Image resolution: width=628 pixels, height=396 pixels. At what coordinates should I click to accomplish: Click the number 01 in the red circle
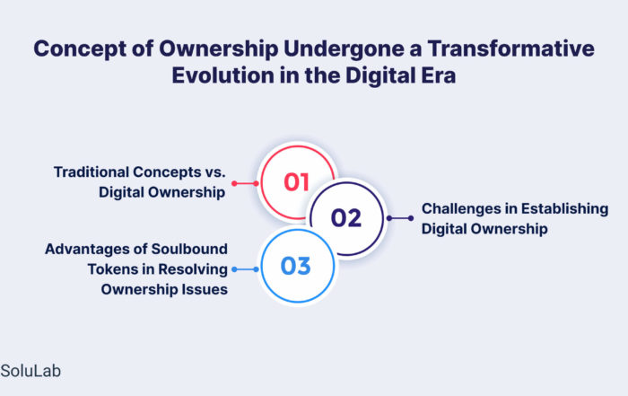coord(296,182)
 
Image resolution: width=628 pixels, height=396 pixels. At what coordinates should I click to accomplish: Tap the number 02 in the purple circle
coord(346,218)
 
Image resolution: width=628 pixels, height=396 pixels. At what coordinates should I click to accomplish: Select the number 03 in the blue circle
coord(295,266)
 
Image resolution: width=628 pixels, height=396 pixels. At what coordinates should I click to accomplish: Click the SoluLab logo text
coord(31,371)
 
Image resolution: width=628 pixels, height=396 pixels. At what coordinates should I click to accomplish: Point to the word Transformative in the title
coord(511,48)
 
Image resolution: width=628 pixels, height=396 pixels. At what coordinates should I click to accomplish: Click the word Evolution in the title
coord(222,75)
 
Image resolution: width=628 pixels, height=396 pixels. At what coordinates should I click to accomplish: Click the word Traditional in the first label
coord(92,172)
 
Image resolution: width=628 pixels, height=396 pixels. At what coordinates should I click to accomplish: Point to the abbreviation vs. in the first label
coord(215,172)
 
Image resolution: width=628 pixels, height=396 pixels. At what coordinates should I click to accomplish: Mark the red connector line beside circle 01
coord(245,183)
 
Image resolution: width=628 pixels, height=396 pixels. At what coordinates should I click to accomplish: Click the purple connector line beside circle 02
coord(400,218)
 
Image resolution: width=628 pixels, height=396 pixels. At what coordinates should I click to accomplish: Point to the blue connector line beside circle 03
coord(245,269)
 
